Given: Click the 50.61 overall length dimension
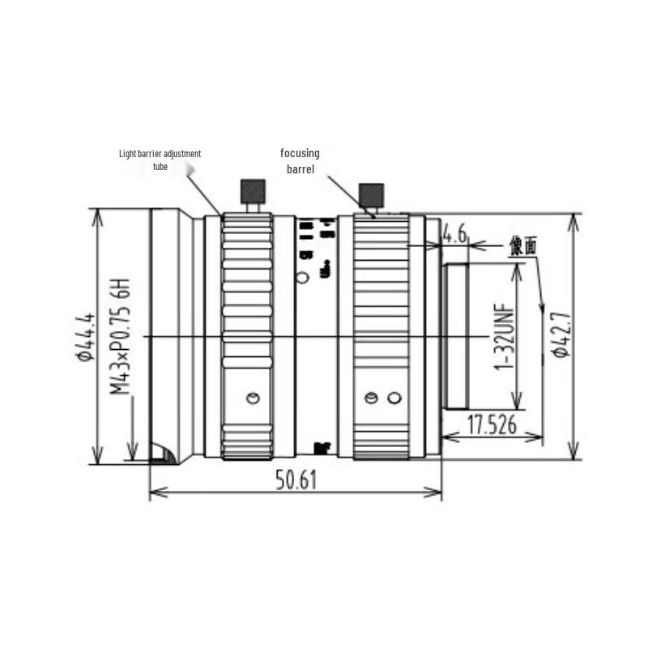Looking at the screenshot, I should point(295,480).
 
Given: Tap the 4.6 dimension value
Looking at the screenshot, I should point(454,235).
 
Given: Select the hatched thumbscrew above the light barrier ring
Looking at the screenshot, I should point(252,192).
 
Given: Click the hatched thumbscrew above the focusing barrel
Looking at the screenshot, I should point(372,194).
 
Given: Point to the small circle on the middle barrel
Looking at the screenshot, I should point(303,278).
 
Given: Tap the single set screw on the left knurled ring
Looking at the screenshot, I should point(252,397).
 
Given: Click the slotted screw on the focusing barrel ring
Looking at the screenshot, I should point(371,398).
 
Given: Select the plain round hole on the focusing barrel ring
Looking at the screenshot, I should point(394,398).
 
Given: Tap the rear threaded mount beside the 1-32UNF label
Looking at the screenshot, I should point(456,336).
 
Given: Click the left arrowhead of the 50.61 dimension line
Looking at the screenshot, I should point(154,491).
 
